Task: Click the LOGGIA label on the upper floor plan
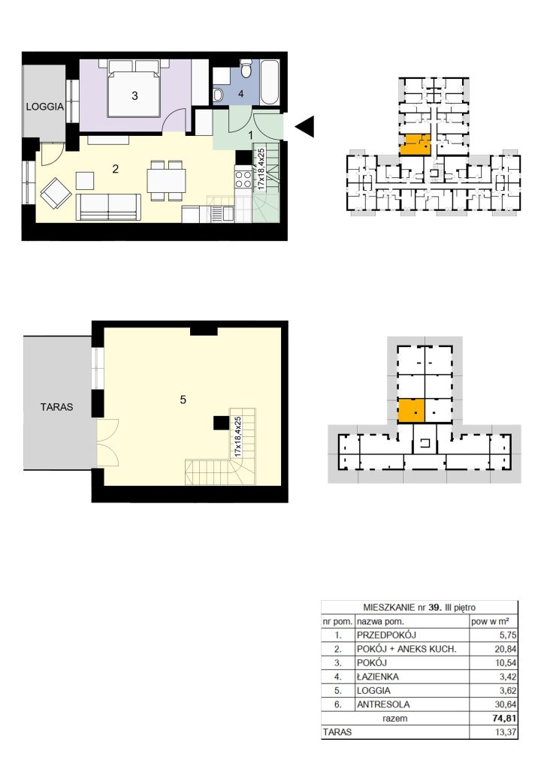pyautogui.click(x=44, y=107)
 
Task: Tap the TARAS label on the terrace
pyautogui.click(x=57, y=406)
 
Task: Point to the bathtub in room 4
pyautogui.click(x=270, y=83)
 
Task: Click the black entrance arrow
pyautogui.click(x=304, y=126)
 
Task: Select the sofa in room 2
pyautogui.click(x=108, y=207)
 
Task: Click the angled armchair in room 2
pyautogui.click(x=56, y=192)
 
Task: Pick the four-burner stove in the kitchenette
pyautogui.click(x=243, y=179)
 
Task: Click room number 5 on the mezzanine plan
pyautogui.click(x=183, y=400)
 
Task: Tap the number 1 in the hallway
pyautogui.click(x=251, y=134)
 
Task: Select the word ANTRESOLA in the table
pyautogui.click(x=383, y=704)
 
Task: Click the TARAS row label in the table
pyautogui.click(x=337, y=732)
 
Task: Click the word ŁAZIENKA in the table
pyautogui.click(x=378, y=677)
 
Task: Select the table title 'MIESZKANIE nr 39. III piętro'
pyautogui.click(x=419, y=607)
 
